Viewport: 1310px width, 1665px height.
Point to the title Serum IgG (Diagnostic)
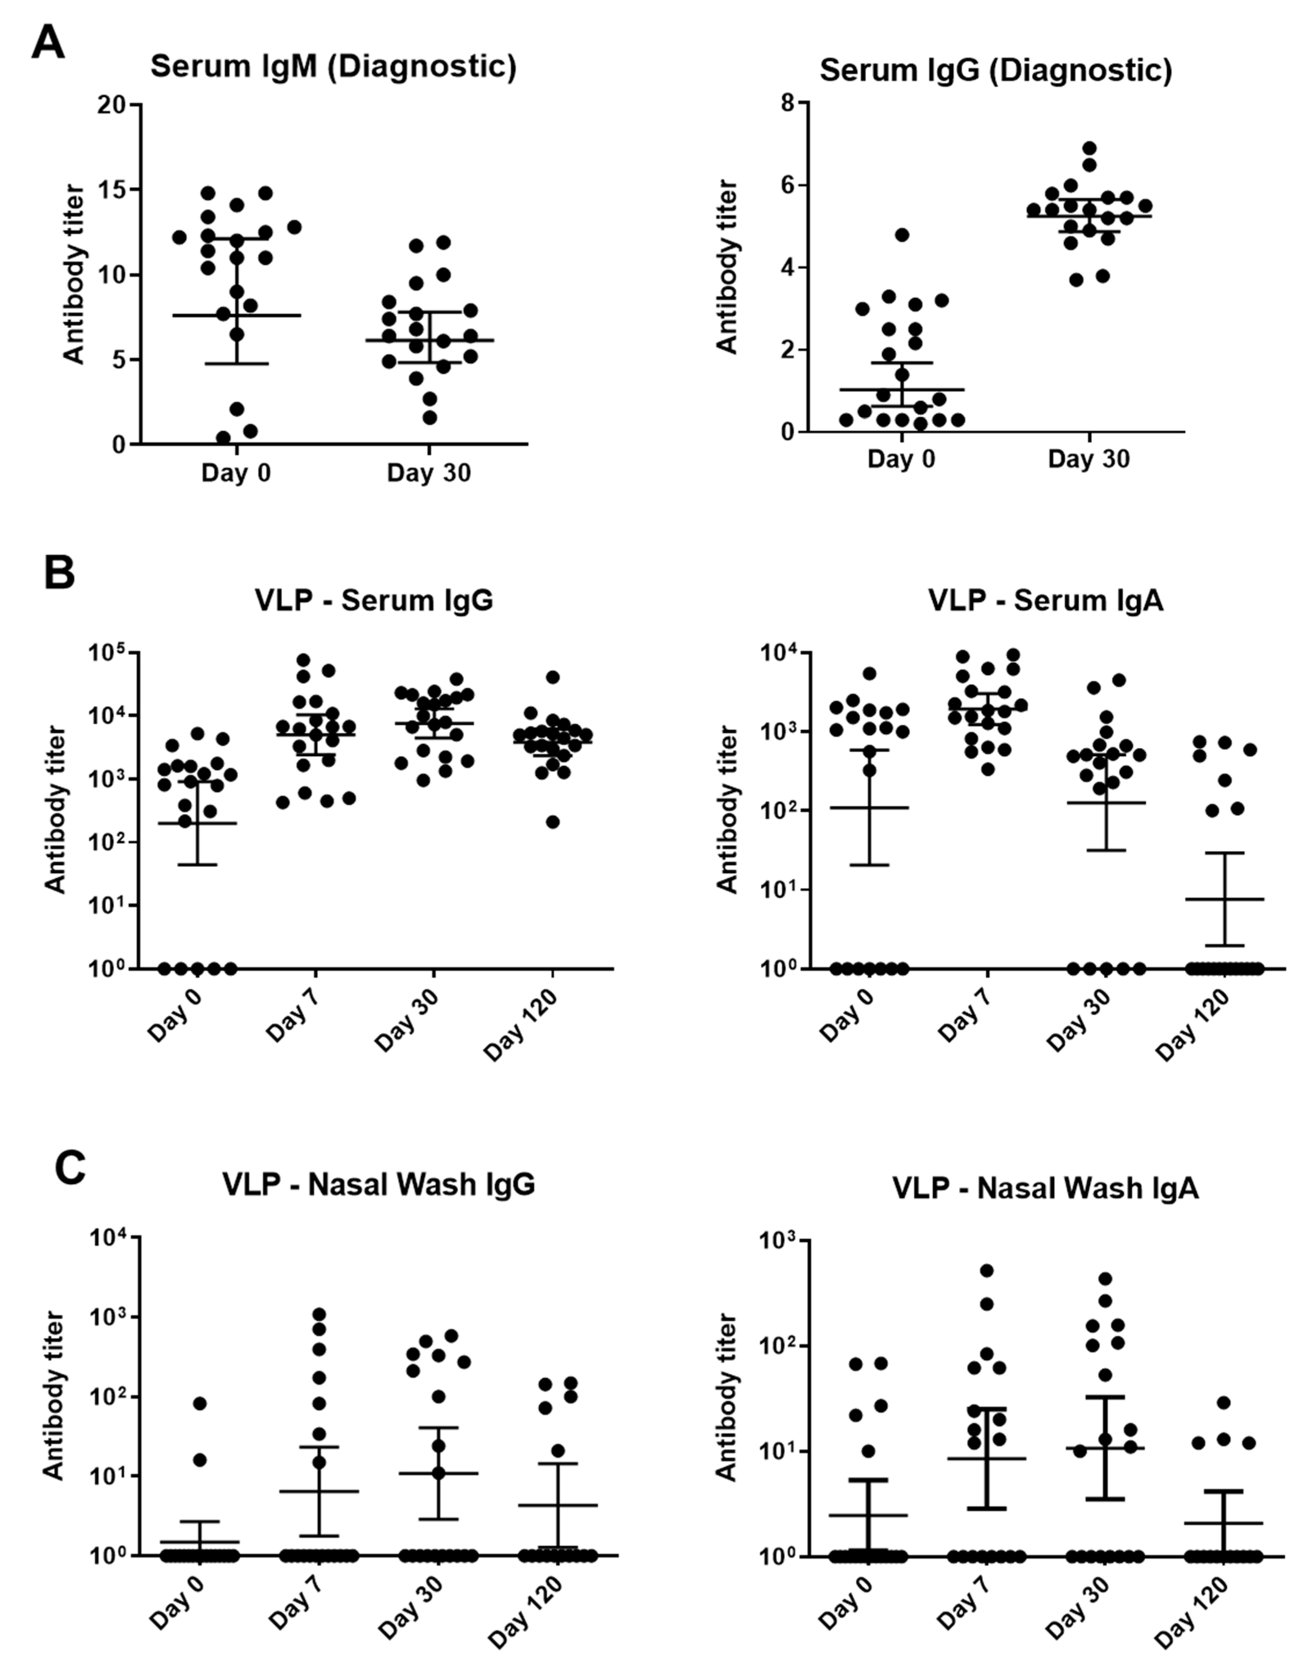pyautogui.click(x=996, y=70)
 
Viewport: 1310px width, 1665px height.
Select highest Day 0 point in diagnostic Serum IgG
pyautogui.click(x=902, y=235)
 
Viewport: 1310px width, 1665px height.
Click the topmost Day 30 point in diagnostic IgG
pyautogui.click(x=1089, y=148)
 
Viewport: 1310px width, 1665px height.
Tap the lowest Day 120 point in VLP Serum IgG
pyautogui.click(x=552, y=822)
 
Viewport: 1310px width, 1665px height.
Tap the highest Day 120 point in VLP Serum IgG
pyautogui.click(x=552, y=676)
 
